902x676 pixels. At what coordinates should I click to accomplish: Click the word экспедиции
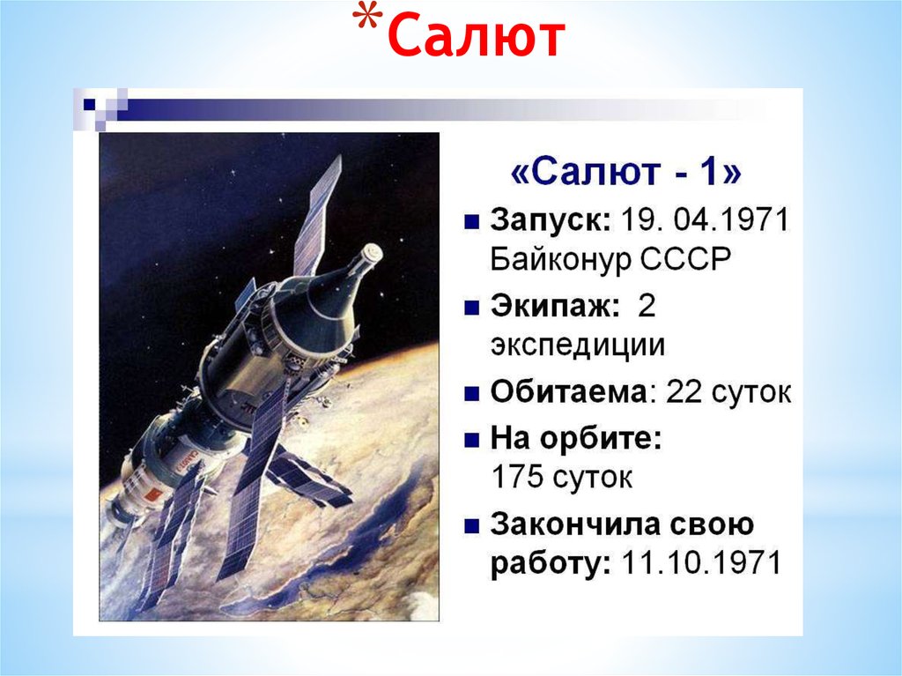[x=577, y=346]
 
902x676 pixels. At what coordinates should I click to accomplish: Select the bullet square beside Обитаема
[x=472, y=393]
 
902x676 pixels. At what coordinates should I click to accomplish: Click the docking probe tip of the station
[x=374, y=254]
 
